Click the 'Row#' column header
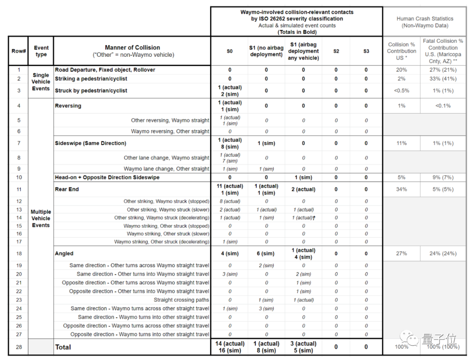coord(19,51)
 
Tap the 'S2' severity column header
coord(336,51)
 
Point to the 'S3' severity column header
coord(366,51)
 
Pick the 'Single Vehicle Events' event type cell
coord(41,82)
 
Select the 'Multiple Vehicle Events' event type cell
coord(41,218)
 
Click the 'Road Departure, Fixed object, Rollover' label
coord(105,70)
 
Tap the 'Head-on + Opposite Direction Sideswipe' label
coord(107,177)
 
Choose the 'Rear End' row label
coord(67,190)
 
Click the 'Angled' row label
coord(64,253)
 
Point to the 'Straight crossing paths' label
coord(181,300)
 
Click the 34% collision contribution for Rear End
coord(401,190)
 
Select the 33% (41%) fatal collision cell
coord(443,79)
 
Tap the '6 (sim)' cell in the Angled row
coord(266,254)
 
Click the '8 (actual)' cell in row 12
coord(230,201)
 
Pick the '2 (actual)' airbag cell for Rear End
coord(303,190)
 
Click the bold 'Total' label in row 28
coord(63,347)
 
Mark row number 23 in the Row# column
coord(19,300)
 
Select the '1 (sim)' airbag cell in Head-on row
coord(303,178)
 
